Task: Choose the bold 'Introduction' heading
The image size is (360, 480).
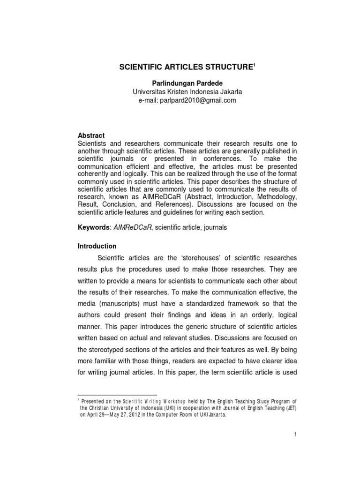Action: click(x=97, y=246)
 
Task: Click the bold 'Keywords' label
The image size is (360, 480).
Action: click(x=92, y=227)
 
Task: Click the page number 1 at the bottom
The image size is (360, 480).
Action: click(x=296, y=435)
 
